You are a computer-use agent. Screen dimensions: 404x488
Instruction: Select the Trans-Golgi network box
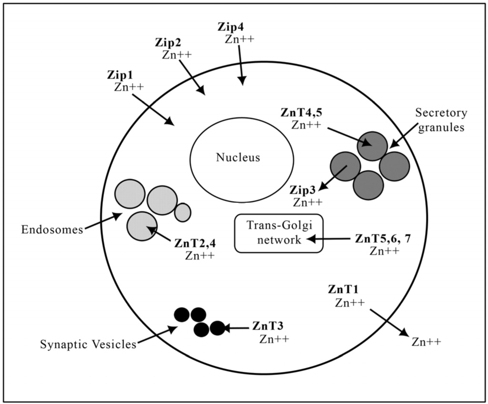(279, 233)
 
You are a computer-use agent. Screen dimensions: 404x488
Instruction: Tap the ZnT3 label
(268, 327)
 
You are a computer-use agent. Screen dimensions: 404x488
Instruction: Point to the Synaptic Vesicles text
(88, 344)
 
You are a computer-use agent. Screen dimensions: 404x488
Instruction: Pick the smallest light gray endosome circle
(183, 212)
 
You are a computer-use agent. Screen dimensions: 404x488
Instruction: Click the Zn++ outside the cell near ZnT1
(426, 342)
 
